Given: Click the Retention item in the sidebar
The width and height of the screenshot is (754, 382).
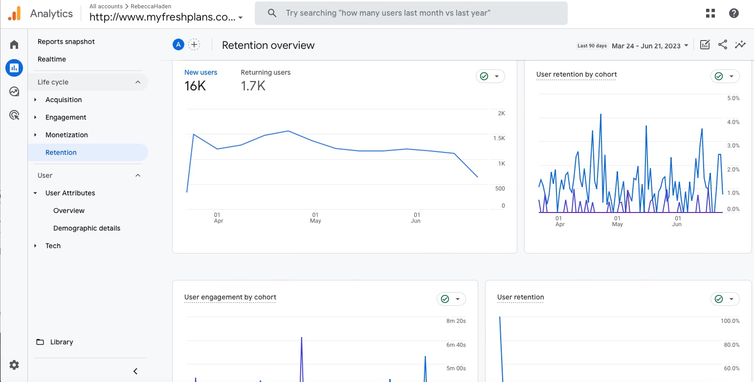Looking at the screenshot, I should pyautogui.click(x=61, y=152).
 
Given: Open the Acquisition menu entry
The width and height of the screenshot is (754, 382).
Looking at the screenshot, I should pyautogui.click(x=64, y=100).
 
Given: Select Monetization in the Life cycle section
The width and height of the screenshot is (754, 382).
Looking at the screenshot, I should pyautogui.click(x=67, y=135).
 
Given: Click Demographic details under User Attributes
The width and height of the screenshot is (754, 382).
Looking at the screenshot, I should pyautogui.click(x=87, y=228).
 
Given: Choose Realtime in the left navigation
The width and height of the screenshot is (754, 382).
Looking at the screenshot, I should pyautogui.click(x=52, y=59).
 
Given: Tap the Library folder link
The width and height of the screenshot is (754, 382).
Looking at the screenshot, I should pyautogui.click(x=62, y=342).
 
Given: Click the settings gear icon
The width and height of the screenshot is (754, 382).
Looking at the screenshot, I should pyautogui.click(x=14, y=365).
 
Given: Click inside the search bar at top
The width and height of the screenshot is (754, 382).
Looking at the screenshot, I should pyautogui.click(x=411, y=13).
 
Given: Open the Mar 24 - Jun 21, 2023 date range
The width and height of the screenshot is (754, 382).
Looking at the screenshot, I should pyautogui.click(x=646, y=46).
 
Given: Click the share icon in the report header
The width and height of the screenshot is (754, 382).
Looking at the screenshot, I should pyautogui.click(x=723, y=45).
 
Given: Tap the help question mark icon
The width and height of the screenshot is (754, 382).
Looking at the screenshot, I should pyautogui.click(x=733, y=13).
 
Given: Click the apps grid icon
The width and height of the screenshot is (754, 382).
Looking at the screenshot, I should pyautogui.click(x=710, y=13).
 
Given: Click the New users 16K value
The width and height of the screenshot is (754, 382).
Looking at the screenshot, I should pyautogui.click(x=195, y=86).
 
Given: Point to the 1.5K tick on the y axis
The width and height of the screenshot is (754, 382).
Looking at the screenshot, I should pyautogui.click(x=499, y=138).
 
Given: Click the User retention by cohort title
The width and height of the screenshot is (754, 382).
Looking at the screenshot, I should pyautogui.click(x=577, y=75).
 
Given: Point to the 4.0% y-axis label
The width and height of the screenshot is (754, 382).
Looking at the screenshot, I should pyautogui.click(x=733, y=122).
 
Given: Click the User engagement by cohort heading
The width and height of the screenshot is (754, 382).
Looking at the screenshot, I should pyautogui.click(x=230, y=297).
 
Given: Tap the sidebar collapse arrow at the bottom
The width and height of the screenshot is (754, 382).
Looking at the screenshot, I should pyautogui.click(x=135, y=371).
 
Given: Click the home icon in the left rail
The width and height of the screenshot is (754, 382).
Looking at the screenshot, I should pyautogui.click(x=14, y=45).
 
